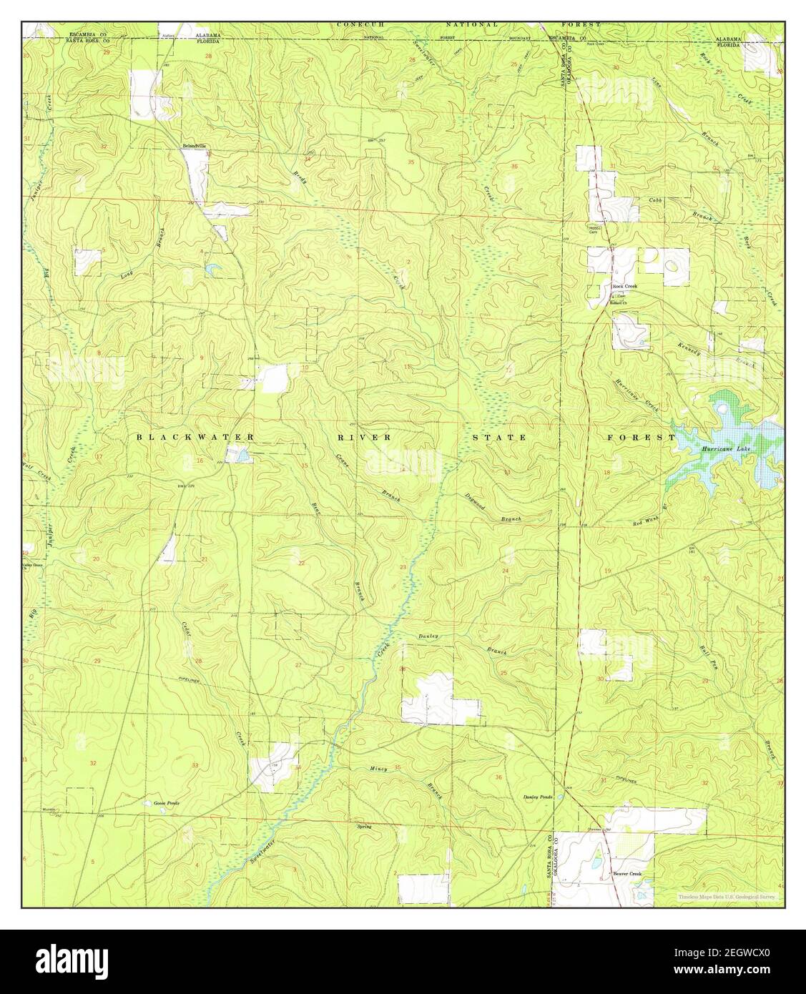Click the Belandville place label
point(194,145)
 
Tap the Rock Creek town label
point(624,286)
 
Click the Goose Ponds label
point(167,803)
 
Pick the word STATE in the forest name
point(498,436)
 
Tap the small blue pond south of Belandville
point(213,270)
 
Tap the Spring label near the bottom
point(365,827)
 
